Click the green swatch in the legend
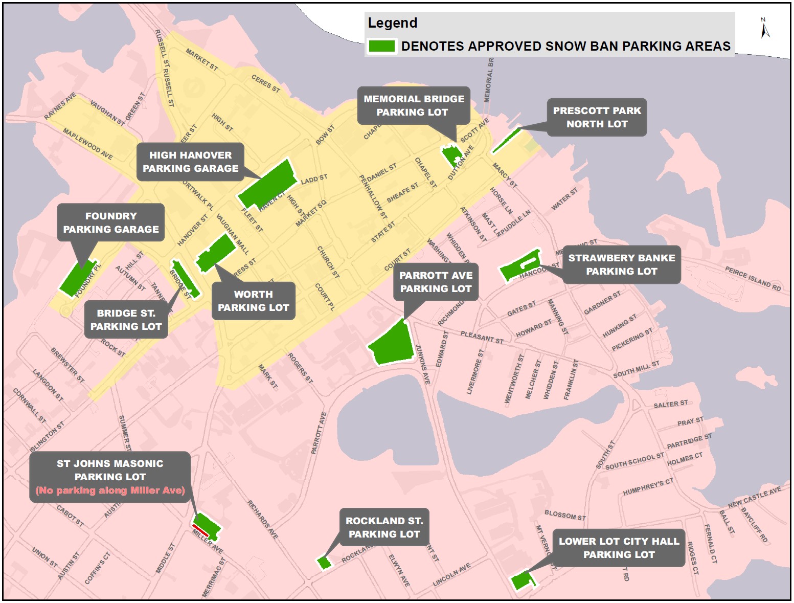click(382, 46)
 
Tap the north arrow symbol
click(765, 29)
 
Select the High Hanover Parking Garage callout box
click(190, 162)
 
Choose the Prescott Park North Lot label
click(597, 117)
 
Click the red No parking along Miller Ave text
click(110, 490)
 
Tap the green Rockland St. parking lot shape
click(324, 563)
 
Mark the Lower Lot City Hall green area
click(521, 582)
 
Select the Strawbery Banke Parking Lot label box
click(621, 264)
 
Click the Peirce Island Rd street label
click(753, 279)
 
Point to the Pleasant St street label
click(482, 337)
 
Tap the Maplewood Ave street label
click(87, 144)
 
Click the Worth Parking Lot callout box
click(253, 301)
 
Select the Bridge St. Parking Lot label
click(126, 320)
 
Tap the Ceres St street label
click(266, 83)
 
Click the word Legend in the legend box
click(393, 23)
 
